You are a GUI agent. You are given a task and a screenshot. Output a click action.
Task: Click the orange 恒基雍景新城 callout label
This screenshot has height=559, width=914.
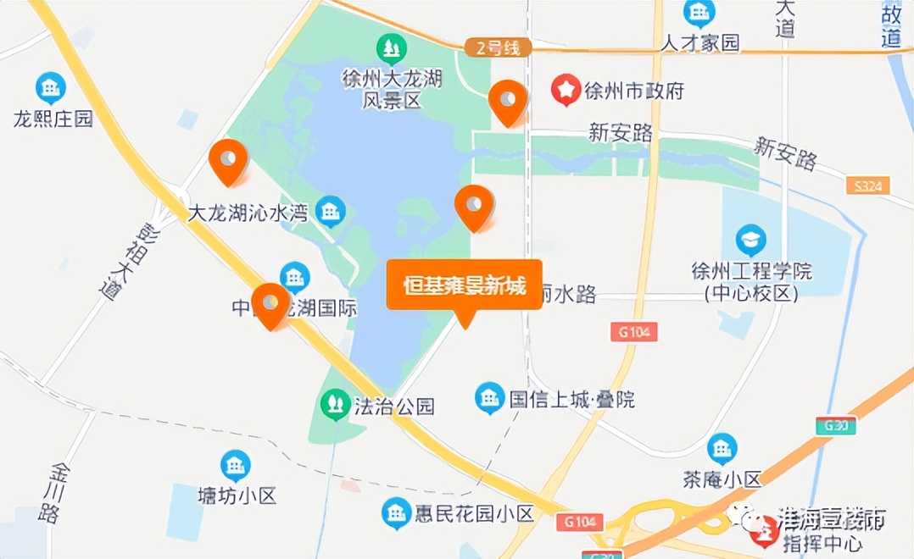coord(464,286)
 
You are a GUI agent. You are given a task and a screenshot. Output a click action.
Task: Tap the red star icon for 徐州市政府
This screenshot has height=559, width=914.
coord(566,91)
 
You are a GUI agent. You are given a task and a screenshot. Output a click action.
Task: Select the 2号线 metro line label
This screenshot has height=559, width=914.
coord(498,48)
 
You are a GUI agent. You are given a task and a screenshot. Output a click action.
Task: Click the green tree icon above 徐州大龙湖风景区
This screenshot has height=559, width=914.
coord(391,49)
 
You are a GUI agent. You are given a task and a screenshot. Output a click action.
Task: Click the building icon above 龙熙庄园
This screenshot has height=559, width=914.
coord(51,87)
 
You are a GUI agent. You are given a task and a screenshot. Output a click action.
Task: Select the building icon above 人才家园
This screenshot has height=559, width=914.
coord(699,13)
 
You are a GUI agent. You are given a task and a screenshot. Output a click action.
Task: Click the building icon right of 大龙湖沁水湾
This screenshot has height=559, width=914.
coord(330,211)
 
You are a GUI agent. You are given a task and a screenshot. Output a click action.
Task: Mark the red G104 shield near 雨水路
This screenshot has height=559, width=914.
coord(633,332)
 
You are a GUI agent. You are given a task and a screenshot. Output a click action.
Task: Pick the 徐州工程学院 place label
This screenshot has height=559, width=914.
coord(751,281)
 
